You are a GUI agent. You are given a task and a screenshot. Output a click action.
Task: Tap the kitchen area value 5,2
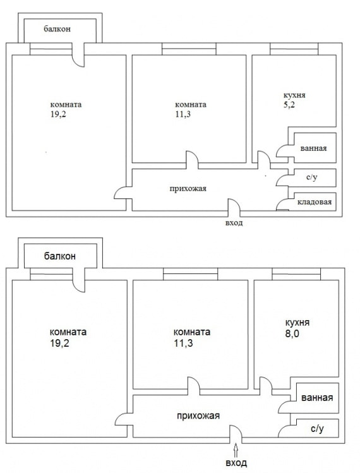(289, 105)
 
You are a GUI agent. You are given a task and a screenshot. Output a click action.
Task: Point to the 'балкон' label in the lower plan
(60, 256)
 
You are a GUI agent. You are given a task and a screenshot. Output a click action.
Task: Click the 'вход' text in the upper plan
(234, 223)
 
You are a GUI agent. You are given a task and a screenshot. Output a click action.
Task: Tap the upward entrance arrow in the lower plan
(236, 450)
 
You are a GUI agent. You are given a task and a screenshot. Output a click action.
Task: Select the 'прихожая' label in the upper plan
(188, 188)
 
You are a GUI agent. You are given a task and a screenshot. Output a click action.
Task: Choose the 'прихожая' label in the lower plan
(198, 415)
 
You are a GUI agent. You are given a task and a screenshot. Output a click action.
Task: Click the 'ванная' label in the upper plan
(313, 148)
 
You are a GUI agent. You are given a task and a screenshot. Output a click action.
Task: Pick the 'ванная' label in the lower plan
(317, 398)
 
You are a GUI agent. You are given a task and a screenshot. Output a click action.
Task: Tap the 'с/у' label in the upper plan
(311, 179)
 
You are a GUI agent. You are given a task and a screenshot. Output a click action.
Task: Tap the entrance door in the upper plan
(233, 207)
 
